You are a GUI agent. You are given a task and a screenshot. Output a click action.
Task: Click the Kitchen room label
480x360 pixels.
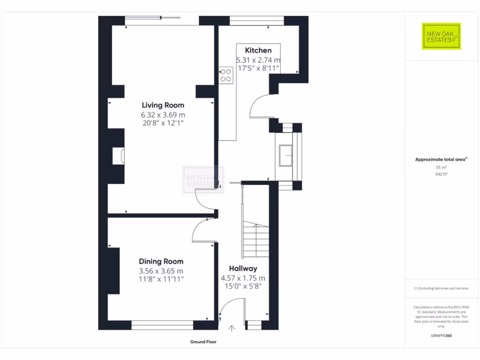258,50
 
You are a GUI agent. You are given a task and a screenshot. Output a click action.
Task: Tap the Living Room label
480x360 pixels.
163,105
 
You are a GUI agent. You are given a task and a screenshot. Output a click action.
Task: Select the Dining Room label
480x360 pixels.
161,262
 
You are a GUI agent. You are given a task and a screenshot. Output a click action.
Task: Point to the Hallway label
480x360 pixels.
243,269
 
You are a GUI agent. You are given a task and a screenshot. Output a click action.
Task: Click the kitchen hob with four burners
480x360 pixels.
226,75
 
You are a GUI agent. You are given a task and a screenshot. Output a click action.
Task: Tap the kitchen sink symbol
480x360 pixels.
285,156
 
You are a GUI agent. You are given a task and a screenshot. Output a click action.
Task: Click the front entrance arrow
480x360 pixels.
232,329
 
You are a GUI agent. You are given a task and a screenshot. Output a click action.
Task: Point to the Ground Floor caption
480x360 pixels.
203,342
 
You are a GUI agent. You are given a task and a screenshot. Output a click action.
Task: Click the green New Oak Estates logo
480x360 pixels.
441,36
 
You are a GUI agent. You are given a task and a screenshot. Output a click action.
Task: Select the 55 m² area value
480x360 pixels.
441,167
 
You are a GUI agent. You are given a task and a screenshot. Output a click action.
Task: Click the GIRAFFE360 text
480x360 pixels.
441,336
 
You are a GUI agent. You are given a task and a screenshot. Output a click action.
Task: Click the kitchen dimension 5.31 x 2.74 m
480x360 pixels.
258,60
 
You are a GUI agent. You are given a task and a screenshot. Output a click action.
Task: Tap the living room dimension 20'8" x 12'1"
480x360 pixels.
163,123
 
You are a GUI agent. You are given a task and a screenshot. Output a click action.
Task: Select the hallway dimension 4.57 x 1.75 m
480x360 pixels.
243,278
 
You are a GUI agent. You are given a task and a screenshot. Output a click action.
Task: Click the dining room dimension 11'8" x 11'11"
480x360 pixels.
161,279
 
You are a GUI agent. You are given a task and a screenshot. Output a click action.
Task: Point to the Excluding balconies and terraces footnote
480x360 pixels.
441,288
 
